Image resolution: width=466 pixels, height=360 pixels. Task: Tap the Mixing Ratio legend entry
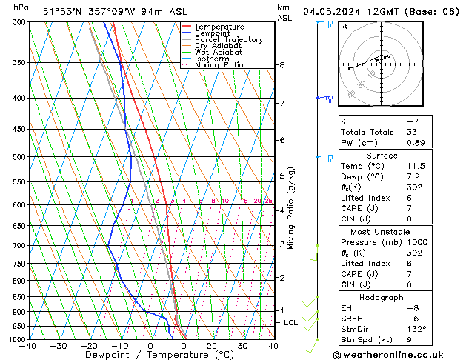click(219, 65)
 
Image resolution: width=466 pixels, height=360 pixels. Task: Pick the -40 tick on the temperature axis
click(28, 346)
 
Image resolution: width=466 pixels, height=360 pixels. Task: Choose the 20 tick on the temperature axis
click(211, 346)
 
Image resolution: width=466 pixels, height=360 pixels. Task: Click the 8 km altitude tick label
click(282, 65)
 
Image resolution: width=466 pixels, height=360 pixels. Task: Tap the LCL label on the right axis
click(291, 323)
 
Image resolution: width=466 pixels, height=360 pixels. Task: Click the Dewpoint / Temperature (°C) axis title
click(150, 355)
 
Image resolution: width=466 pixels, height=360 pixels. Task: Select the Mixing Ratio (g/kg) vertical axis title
click(291, 208)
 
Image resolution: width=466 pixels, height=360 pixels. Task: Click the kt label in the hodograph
click(344, 26)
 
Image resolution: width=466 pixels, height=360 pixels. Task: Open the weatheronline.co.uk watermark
click(401, 355)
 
